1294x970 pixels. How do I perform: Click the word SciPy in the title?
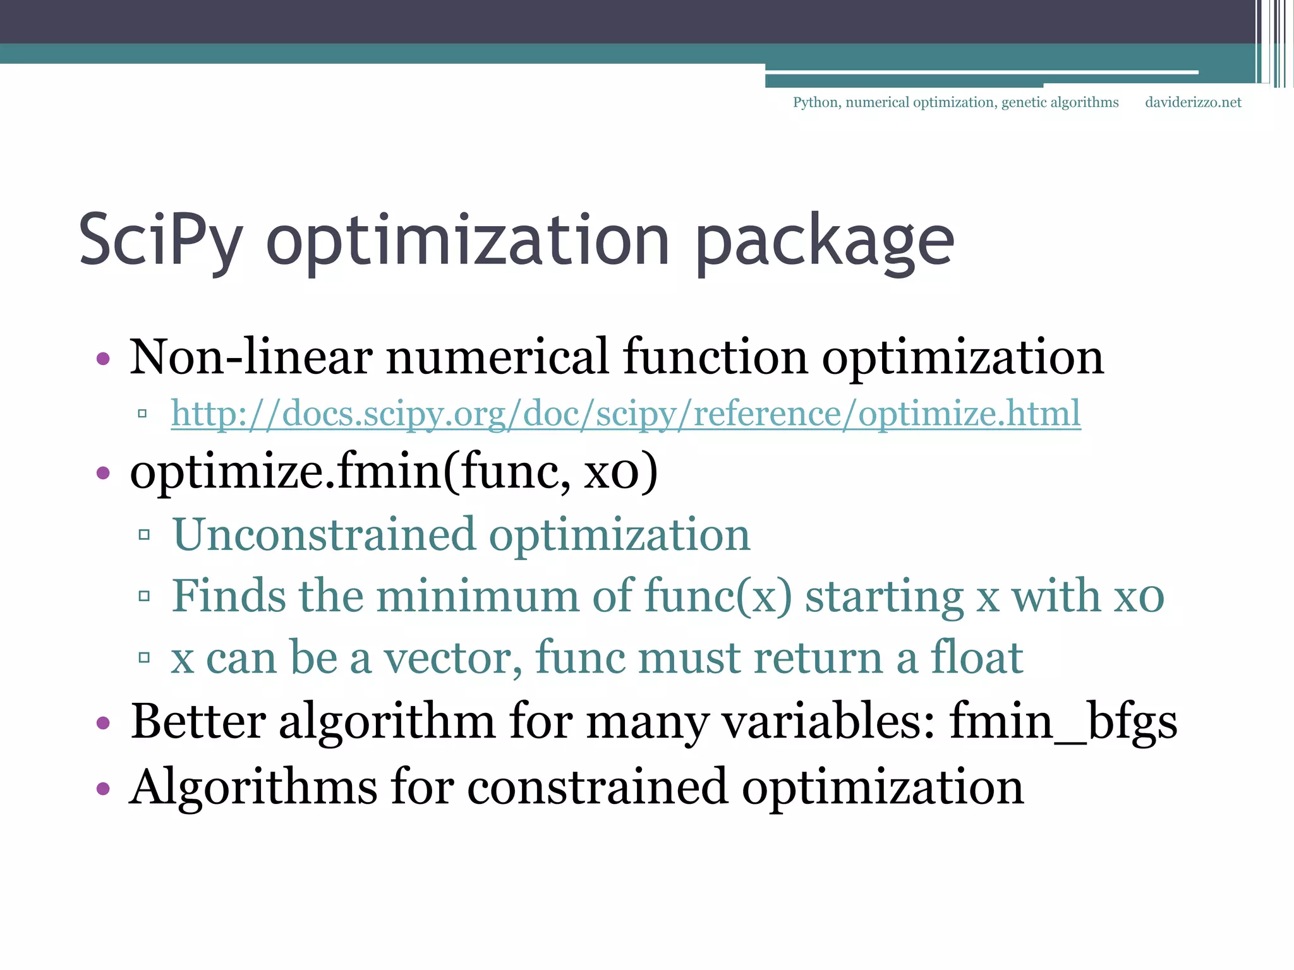(160, 241)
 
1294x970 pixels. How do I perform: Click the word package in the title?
(824, 241)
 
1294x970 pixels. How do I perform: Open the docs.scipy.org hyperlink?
(626, 414)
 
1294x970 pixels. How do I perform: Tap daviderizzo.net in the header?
(1193, 102)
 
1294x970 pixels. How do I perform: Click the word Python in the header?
(816, 102)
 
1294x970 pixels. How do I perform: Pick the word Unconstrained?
(323, 534)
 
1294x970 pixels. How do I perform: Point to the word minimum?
(478, 596)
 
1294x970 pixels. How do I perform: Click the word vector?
(453, 657)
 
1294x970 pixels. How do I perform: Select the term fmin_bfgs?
(1063, 721)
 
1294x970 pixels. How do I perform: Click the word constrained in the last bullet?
(597, 787)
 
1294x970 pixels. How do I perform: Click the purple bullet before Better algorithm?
(103, 722)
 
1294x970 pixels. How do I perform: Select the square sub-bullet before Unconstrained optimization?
(144, 536)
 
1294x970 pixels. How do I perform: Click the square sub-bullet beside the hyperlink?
(143, 414)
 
